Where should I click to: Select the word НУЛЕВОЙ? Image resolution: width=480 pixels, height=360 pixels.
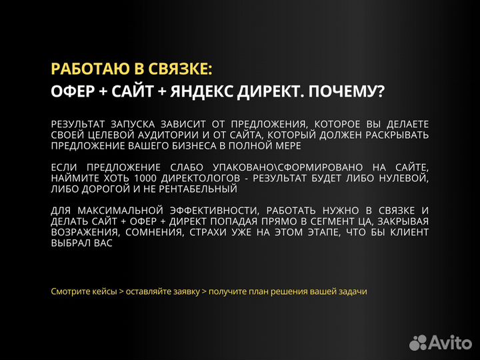(405, 178)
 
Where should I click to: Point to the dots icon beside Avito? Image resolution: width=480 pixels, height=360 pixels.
(418, 341)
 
